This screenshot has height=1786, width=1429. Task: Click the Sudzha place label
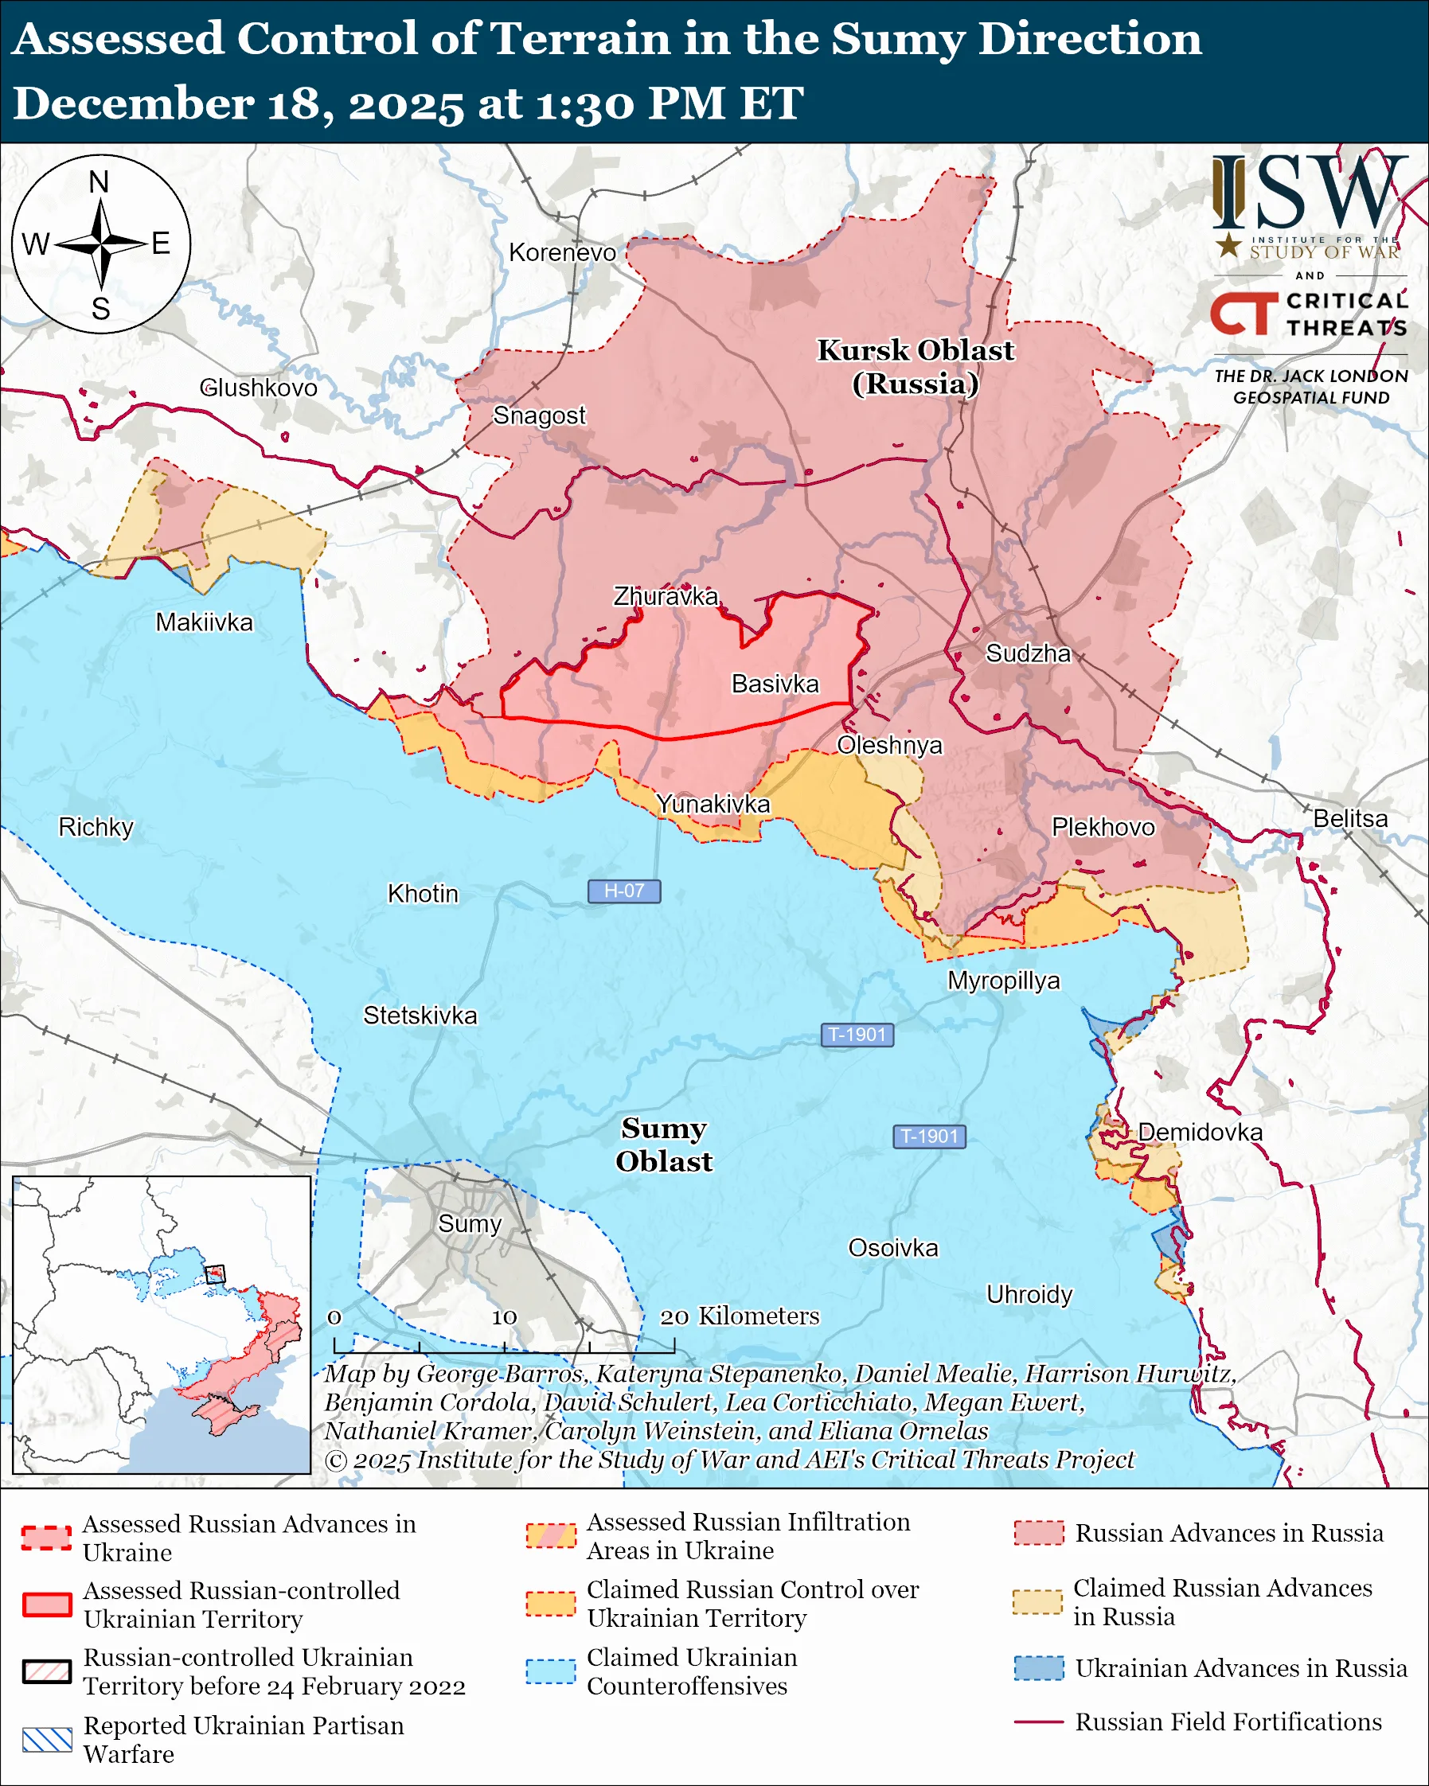coord(1027,653)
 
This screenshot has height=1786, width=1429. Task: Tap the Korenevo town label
coord(562,252)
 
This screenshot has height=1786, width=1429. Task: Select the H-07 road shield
coord(624,891)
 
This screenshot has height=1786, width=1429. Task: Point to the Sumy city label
coord(470,1223)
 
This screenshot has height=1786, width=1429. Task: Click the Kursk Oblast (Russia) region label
coord(916,367)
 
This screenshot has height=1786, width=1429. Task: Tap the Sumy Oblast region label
coord(664,1144)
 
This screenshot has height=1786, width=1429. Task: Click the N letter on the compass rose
coord(100,182)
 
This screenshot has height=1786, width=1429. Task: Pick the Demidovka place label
coord(1200,1132)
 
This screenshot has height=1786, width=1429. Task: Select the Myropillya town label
coord(1003,980)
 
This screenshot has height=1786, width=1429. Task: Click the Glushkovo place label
coord(259,388)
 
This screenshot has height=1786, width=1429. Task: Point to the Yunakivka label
coord(713,804)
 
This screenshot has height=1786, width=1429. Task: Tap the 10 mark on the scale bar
coord(504,1317)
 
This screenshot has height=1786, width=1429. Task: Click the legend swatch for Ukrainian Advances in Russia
coord(1039,1667)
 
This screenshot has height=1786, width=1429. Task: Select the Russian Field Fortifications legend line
coord(1039,1722)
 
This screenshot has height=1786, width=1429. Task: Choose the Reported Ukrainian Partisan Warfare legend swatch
coord(47,1740)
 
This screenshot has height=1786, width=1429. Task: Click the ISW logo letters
coord(1309,195)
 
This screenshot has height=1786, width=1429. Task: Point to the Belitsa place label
coord(1350,818)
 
